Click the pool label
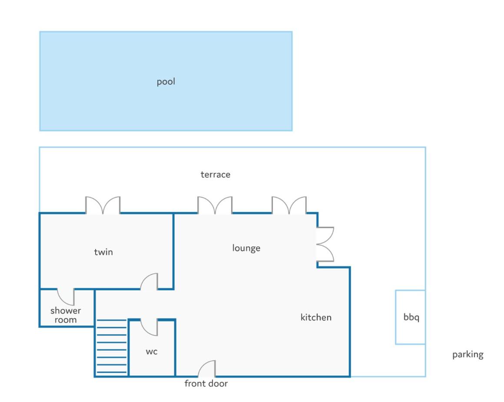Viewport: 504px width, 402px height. [166, 82]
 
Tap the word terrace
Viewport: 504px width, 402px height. [216, 175]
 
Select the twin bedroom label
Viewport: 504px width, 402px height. [103, 252]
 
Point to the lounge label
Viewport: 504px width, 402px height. [246, 248]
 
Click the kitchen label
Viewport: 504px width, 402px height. [316, 317]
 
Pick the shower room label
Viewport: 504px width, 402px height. [66, 315]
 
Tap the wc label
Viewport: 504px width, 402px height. [152, 352]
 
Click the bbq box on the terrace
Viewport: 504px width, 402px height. [411, 317]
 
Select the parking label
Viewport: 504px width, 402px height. [468, 354]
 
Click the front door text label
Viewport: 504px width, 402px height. [206, 383]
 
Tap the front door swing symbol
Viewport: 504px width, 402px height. [207, 369]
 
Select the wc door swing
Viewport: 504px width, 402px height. [149, 327]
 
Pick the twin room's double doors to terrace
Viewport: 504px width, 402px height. [103, 205]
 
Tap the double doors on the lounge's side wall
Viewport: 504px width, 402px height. [325, 244]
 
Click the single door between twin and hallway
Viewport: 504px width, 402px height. [149, 282]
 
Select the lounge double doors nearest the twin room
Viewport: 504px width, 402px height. [215, 205]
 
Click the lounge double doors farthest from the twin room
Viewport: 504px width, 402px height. [289, 205]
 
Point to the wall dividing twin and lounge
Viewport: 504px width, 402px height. [173, 251]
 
